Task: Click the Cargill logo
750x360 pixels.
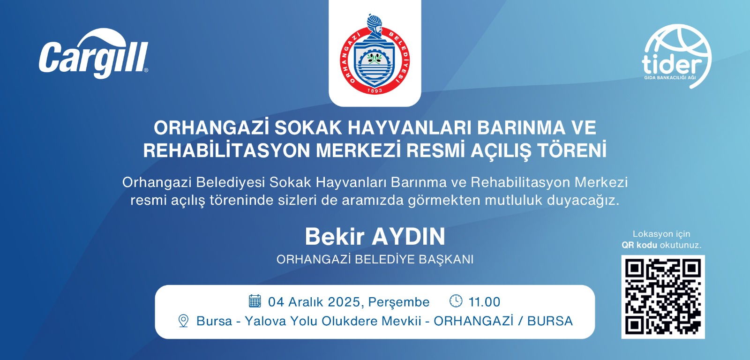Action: [x=93, y=53]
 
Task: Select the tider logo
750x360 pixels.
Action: [x=677, y=56]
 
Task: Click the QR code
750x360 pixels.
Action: [x=663, y=297]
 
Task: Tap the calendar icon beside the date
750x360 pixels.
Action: [x=255, y=301]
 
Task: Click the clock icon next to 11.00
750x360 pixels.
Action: [x=456, y=301]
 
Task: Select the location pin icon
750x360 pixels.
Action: [x=183, y=321]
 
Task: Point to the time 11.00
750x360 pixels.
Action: [x=484, y=302]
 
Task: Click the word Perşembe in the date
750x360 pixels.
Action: [x=399, y=302]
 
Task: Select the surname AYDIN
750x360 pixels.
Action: [x=408, y=237]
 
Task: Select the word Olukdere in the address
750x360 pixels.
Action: [x=349, y=321]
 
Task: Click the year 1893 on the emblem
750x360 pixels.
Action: [x=375, y=90]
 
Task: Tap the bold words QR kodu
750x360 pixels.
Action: [x=639, y=245]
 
